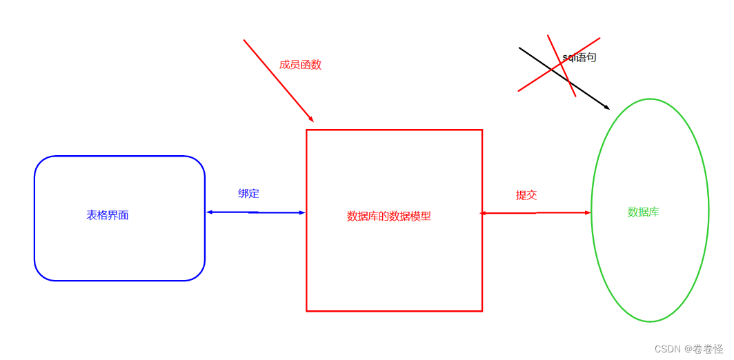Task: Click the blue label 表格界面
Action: pos(108,215)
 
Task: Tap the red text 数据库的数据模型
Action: pos(389,216)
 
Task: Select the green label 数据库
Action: pos(643,212)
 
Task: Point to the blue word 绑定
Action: pos(248,194)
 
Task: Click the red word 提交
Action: pos(526,195)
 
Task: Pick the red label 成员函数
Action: pos(300,65)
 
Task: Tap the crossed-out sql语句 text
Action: pos(579,58)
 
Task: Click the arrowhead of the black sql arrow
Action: pos(607,108)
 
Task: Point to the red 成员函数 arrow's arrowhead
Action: pos(311,119)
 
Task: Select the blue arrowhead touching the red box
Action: pos(302,212)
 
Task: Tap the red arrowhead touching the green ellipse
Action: pos(588,212)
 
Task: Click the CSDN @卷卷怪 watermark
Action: pos(688,349)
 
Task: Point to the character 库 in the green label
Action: pos(654,212)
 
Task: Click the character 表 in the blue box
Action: pos(92,215)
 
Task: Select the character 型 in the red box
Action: pos(426,216)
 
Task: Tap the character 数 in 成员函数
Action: pos(316,65)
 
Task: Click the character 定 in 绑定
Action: pos(254,194)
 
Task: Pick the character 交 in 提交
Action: pos(531,195)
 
